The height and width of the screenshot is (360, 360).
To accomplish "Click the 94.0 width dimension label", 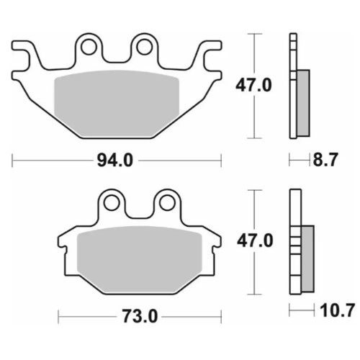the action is (x=115, y=161).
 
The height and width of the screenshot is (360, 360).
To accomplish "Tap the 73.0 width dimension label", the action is (x=140, y=317).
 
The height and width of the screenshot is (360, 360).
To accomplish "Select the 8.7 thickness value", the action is (x=325, y=160).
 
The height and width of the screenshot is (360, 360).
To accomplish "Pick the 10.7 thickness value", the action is (x=337, y=310).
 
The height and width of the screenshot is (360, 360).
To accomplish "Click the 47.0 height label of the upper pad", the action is (x=253, y=86).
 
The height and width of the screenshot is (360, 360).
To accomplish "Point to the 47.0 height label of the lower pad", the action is (x=255, y=241).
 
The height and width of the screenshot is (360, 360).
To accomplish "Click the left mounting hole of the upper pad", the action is (x=89, y=48).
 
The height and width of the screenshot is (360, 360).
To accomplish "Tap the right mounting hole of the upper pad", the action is (x=144, y=48).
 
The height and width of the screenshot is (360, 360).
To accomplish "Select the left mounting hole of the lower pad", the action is (x=112, y=203).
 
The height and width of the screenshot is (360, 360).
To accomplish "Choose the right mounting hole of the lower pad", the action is (x=167, y=203).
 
